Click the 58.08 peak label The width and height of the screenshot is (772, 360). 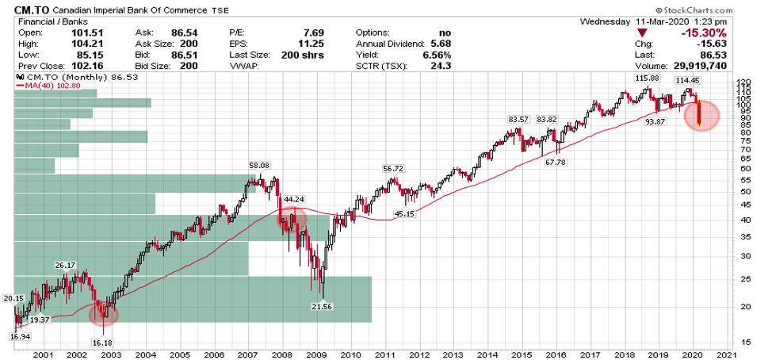pos(259,164)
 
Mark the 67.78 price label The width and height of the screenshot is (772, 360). pos(557,162)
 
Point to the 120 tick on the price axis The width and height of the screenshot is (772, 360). pos(743,82)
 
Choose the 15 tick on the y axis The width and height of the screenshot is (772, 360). pos(741,343)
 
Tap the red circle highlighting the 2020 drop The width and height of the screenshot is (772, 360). pos(701,116)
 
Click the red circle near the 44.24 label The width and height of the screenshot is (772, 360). pos(292,220)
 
